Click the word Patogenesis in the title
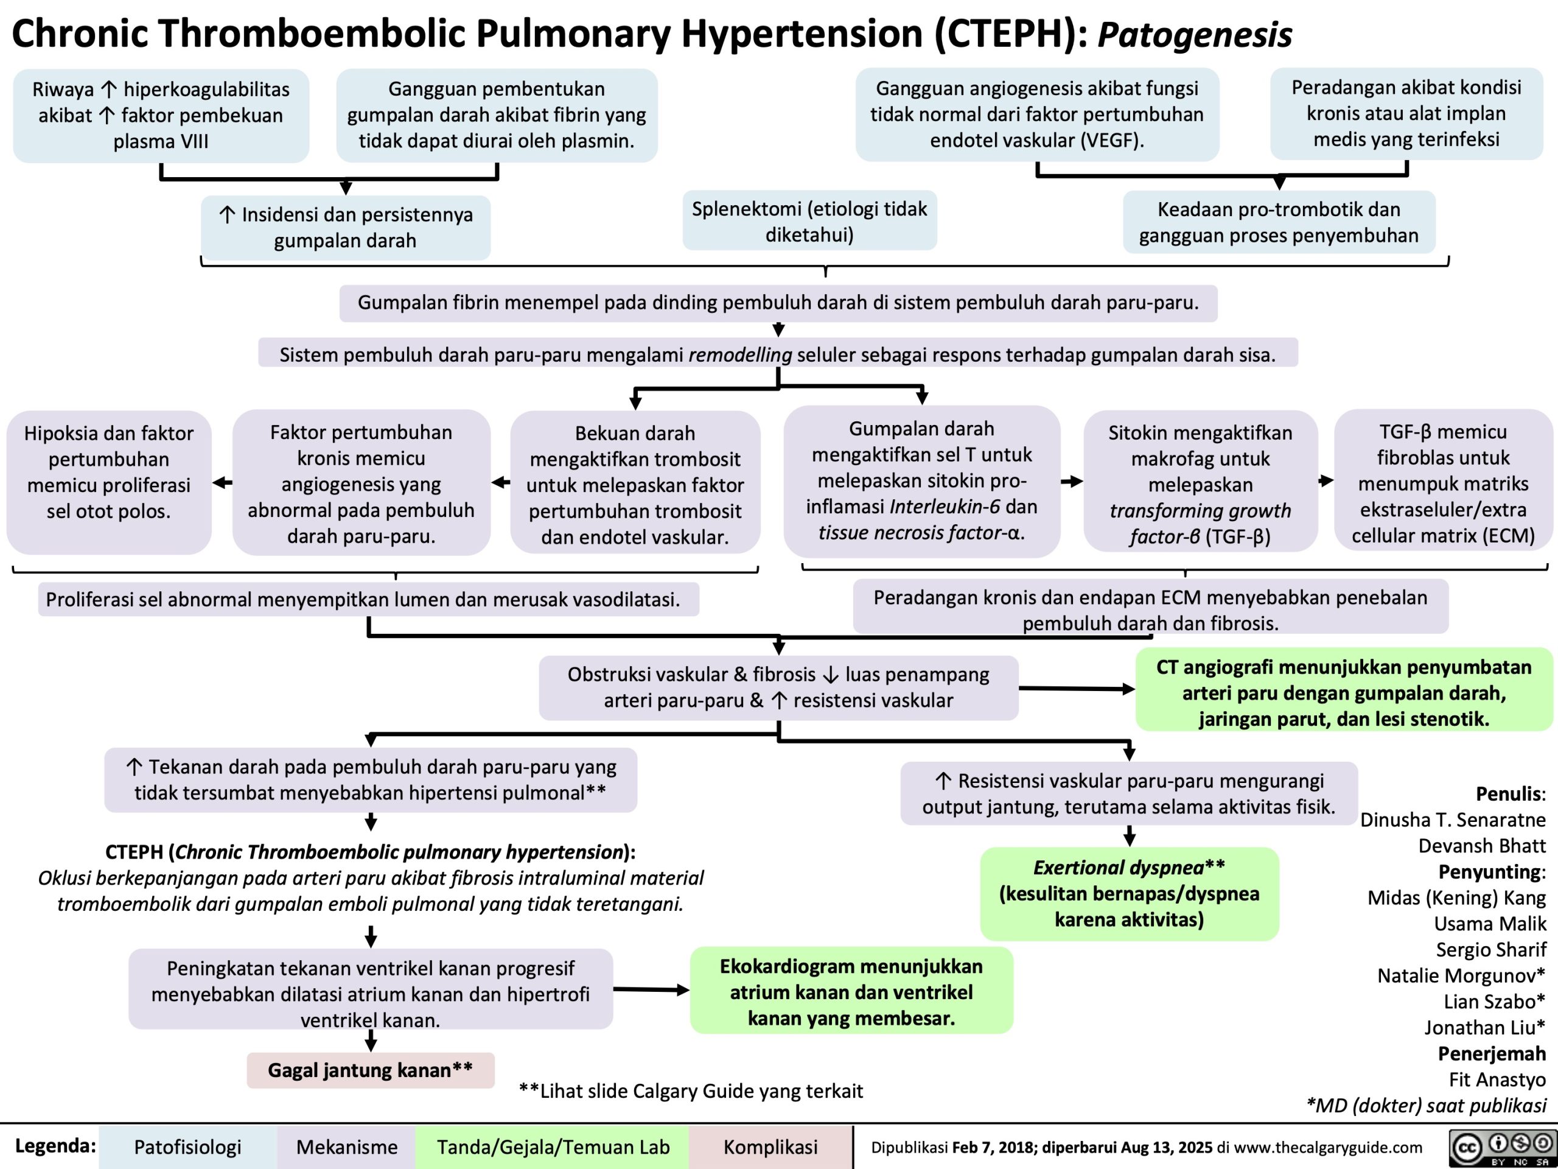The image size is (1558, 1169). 1195,34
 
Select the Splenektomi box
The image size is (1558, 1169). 809,221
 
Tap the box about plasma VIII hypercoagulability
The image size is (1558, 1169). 161,116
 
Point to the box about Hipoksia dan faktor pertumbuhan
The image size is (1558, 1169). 108,472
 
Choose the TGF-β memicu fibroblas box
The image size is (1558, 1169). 1442,483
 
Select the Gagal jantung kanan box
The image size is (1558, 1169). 371,1070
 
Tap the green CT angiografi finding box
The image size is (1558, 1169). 1343,693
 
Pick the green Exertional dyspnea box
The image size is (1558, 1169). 1129,893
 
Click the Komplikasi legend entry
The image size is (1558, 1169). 770,1147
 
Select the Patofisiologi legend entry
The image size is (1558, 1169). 187,1147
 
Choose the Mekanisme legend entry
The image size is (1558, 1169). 346,1147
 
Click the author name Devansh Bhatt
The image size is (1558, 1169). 1482,846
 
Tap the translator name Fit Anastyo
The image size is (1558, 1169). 1497,1079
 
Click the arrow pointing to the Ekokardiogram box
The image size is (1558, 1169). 652,990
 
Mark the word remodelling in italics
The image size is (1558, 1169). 739,354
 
